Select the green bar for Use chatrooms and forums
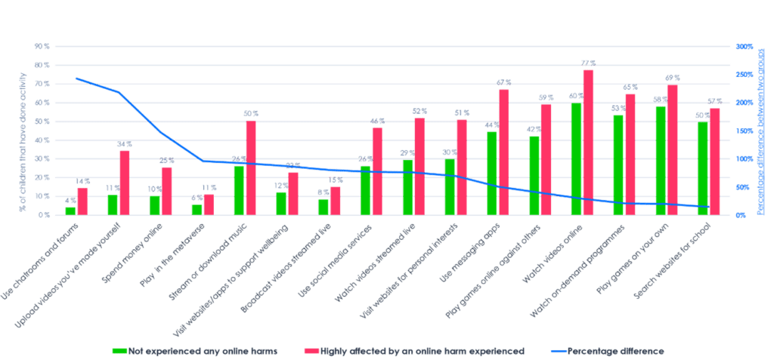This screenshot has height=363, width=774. tap(70, 211)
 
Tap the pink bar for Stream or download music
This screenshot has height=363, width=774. tap(251, 168)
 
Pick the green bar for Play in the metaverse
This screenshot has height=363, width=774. tap(197, 209)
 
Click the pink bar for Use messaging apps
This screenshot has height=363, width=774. tap(504, 151)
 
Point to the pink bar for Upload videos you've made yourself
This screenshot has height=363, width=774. tap(125, 183)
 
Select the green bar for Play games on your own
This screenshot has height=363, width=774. tap(660, 160)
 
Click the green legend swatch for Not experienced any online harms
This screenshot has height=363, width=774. tap(119, 351)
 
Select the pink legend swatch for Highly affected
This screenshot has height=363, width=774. tap(311, 351)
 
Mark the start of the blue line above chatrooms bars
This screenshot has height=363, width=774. tap(76, 78)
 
